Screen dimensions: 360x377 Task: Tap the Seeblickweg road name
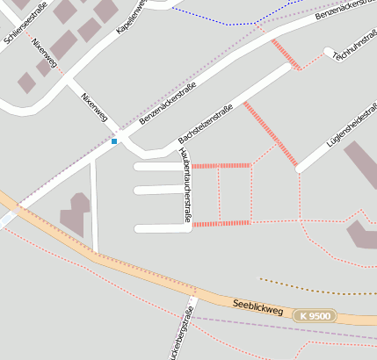coord(257,306)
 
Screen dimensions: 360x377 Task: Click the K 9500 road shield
coord(315,315)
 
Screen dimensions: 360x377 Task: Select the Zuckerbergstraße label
coord(184,335)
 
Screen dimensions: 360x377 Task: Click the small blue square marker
coord(114,140)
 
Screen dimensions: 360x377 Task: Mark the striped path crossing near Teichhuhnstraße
coord(286,54)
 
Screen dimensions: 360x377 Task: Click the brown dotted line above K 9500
coord(316,289)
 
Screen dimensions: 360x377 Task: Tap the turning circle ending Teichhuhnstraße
coord(329,53)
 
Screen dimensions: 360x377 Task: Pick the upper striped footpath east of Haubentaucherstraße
coord(221,165)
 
